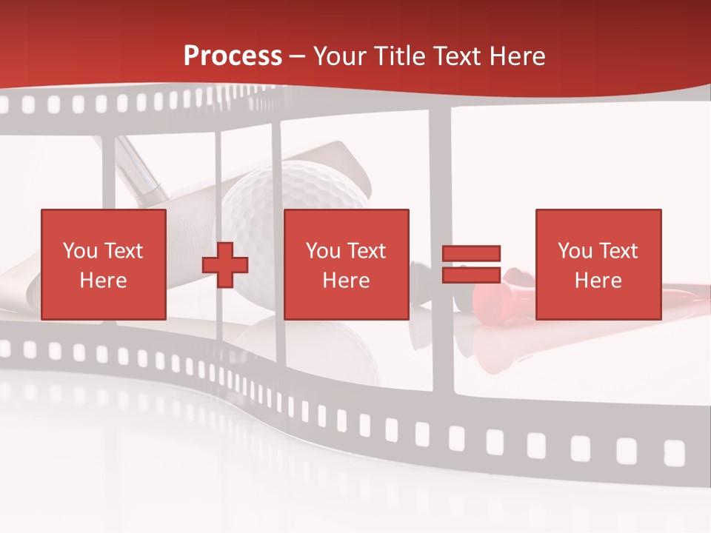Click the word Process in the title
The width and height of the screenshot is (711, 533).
pos(233,56)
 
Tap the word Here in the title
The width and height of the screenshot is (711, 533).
pos(516,56)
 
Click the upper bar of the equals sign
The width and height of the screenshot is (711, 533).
pos(471,254)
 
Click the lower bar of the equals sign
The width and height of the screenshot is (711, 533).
pos(471,275)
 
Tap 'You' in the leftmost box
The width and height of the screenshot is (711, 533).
pos(80,251)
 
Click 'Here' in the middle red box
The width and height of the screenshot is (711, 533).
pos(346,281)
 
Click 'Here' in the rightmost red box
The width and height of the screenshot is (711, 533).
pos(598,281)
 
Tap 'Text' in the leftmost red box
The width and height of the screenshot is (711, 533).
pos(123,251)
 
